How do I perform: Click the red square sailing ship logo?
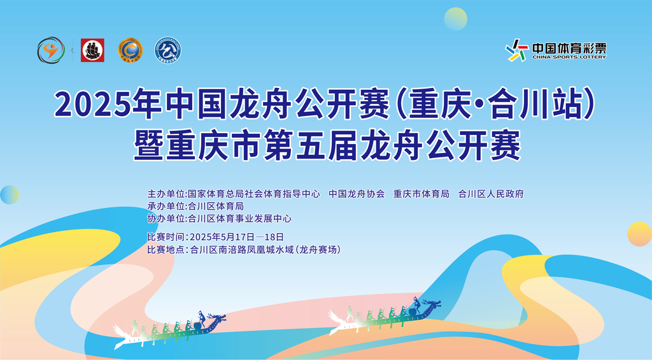click(x=92, y=50)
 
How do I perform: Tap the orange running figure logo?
click(x=51, y=50)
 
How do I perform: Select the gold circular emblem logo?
click(x=130, y=50)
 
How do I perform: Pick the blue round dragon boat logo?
click(x=167, y=50)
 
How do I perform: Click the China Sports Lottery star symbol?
click(x=517, y=50)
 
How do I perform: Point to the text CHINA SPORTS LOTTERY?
click(x=569, y=57)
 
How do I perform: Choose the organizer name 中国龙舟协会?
click(x=357, y=194)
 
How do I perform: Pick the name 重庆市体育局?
click(x=422, y=194)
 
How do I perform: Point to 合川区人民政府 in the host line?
click(x=491, y=194)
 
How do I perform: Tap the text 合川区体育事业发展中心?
click(x=240, y=219)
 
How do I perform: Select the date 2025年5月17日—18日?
click(x=237, y=237)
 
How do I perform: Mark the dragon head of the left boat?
click(x=216, y=320)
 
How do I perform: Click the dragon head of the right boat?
click(x=432, y=306)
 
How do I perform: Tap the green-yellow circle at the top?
click(x=456, y=19)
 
